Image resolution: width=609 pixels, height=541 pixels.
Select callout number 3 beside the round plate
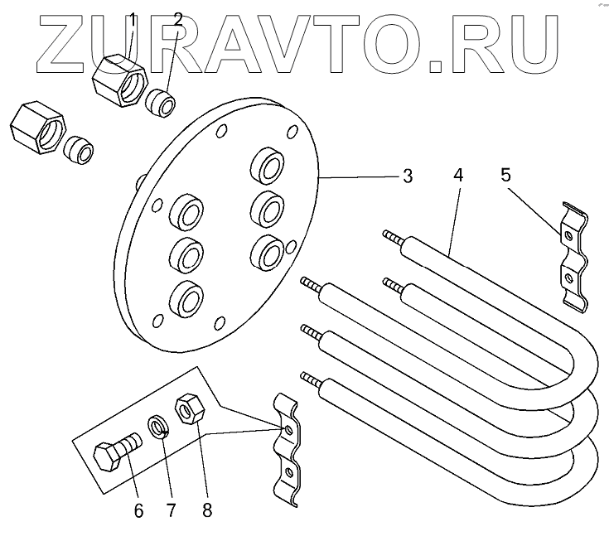click(x=407, y=176)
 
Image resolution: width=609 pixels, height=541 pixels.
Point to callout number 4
click(x=458, y=176)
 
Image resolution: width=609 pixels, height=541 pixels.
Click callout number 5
click(x=507, y=176)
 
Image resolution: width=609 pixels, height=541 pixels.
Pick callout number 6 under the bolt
click(x=139, y=510)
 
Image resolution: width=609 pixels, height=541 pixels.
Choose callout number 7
click(x=172, y=510)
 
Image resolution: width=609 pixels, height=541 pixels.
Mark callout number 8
click(x=206, y=510)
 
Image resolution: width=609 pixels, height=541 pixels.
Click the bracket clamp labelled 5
click(x=572, y=256)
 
